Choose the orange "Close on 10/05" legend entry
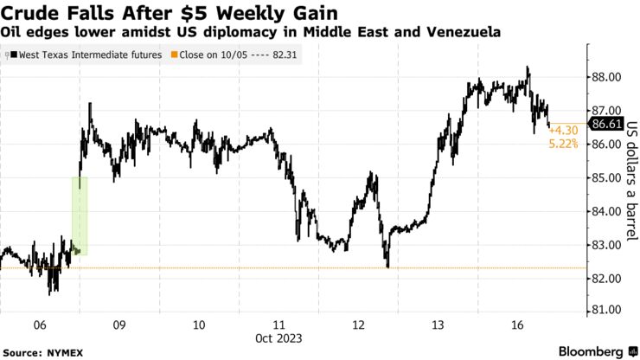(x=224, y=55)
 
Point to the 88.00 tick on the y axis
(x=605, y=77)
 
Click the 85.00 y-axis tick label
(x=605, y=178)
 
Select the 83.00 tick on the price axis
(x=605, y=245)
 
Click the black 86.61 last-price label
(x=605, y=124)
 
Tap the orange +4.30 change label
(x=563, y=130)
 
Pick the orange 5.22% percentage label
(x=563, y=143)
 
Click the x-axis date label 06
(x=39, y=325)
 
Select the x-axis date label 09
(x=119, y=325)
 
